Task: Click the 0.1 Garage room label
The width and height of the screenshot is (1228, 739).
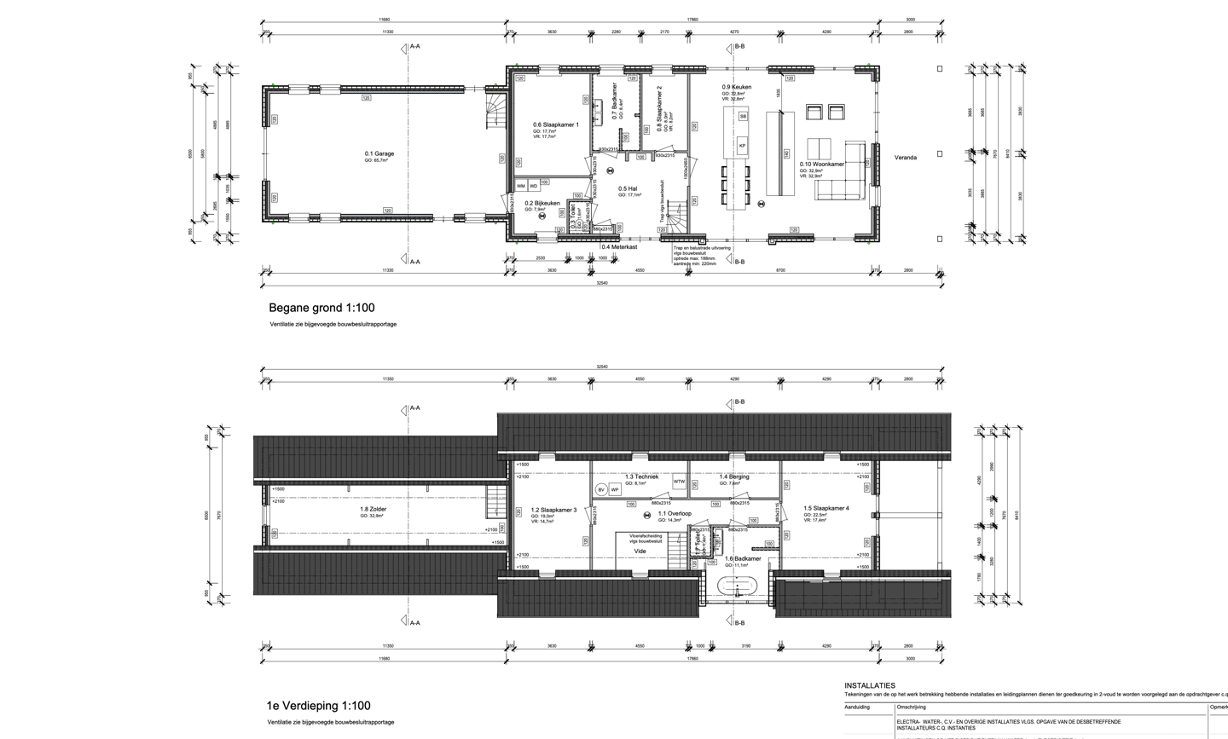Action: coord(379,154)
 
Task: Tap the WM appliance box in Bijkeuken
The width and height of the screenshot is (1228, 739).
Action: coord(521,186)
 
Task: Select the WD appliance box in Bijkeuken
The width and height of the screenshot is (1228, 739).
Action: coord(534,186)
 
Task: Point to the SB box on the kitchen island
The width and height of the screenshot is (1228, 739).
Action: coord(743,116)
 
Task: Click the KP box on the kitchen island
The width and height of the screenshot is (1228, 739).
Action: coord(742,146)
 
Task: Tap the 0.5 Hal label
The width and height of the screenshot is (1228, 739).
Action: coord(628,188)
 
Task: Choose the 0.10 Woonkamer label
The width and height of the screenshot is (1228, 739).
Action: coord(822,165)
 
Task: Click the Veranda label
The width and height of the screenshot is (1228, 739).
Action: coord(905,158)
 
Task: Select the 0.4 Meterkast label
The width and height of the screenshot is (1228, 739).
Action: coord(618,247)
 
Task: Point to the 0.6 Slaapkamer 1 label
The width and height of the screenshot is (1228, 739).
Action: coord(556,124)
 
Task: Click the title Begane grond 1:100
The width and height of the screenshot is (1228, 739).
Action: coord(321,308)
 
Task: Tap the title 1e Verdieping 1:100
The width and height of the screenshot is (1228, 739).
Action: coord(319,706)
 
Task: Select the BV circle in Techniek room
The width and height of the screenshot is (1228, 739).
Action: coord(601,490)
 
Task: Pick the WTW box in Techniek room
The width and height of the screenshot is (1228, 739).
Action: coord(679,482)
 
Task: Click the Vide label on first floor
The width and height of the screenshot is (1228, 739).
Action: coord(640,551)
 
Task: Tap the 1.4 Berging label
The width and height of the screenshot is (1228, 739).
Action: coord(733,477)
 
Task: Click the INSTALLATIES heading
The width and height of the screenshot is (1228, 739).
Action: coord(870,685)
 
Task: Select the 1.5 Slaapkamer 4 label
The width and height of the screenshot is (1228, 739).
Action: coord(825,508)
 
